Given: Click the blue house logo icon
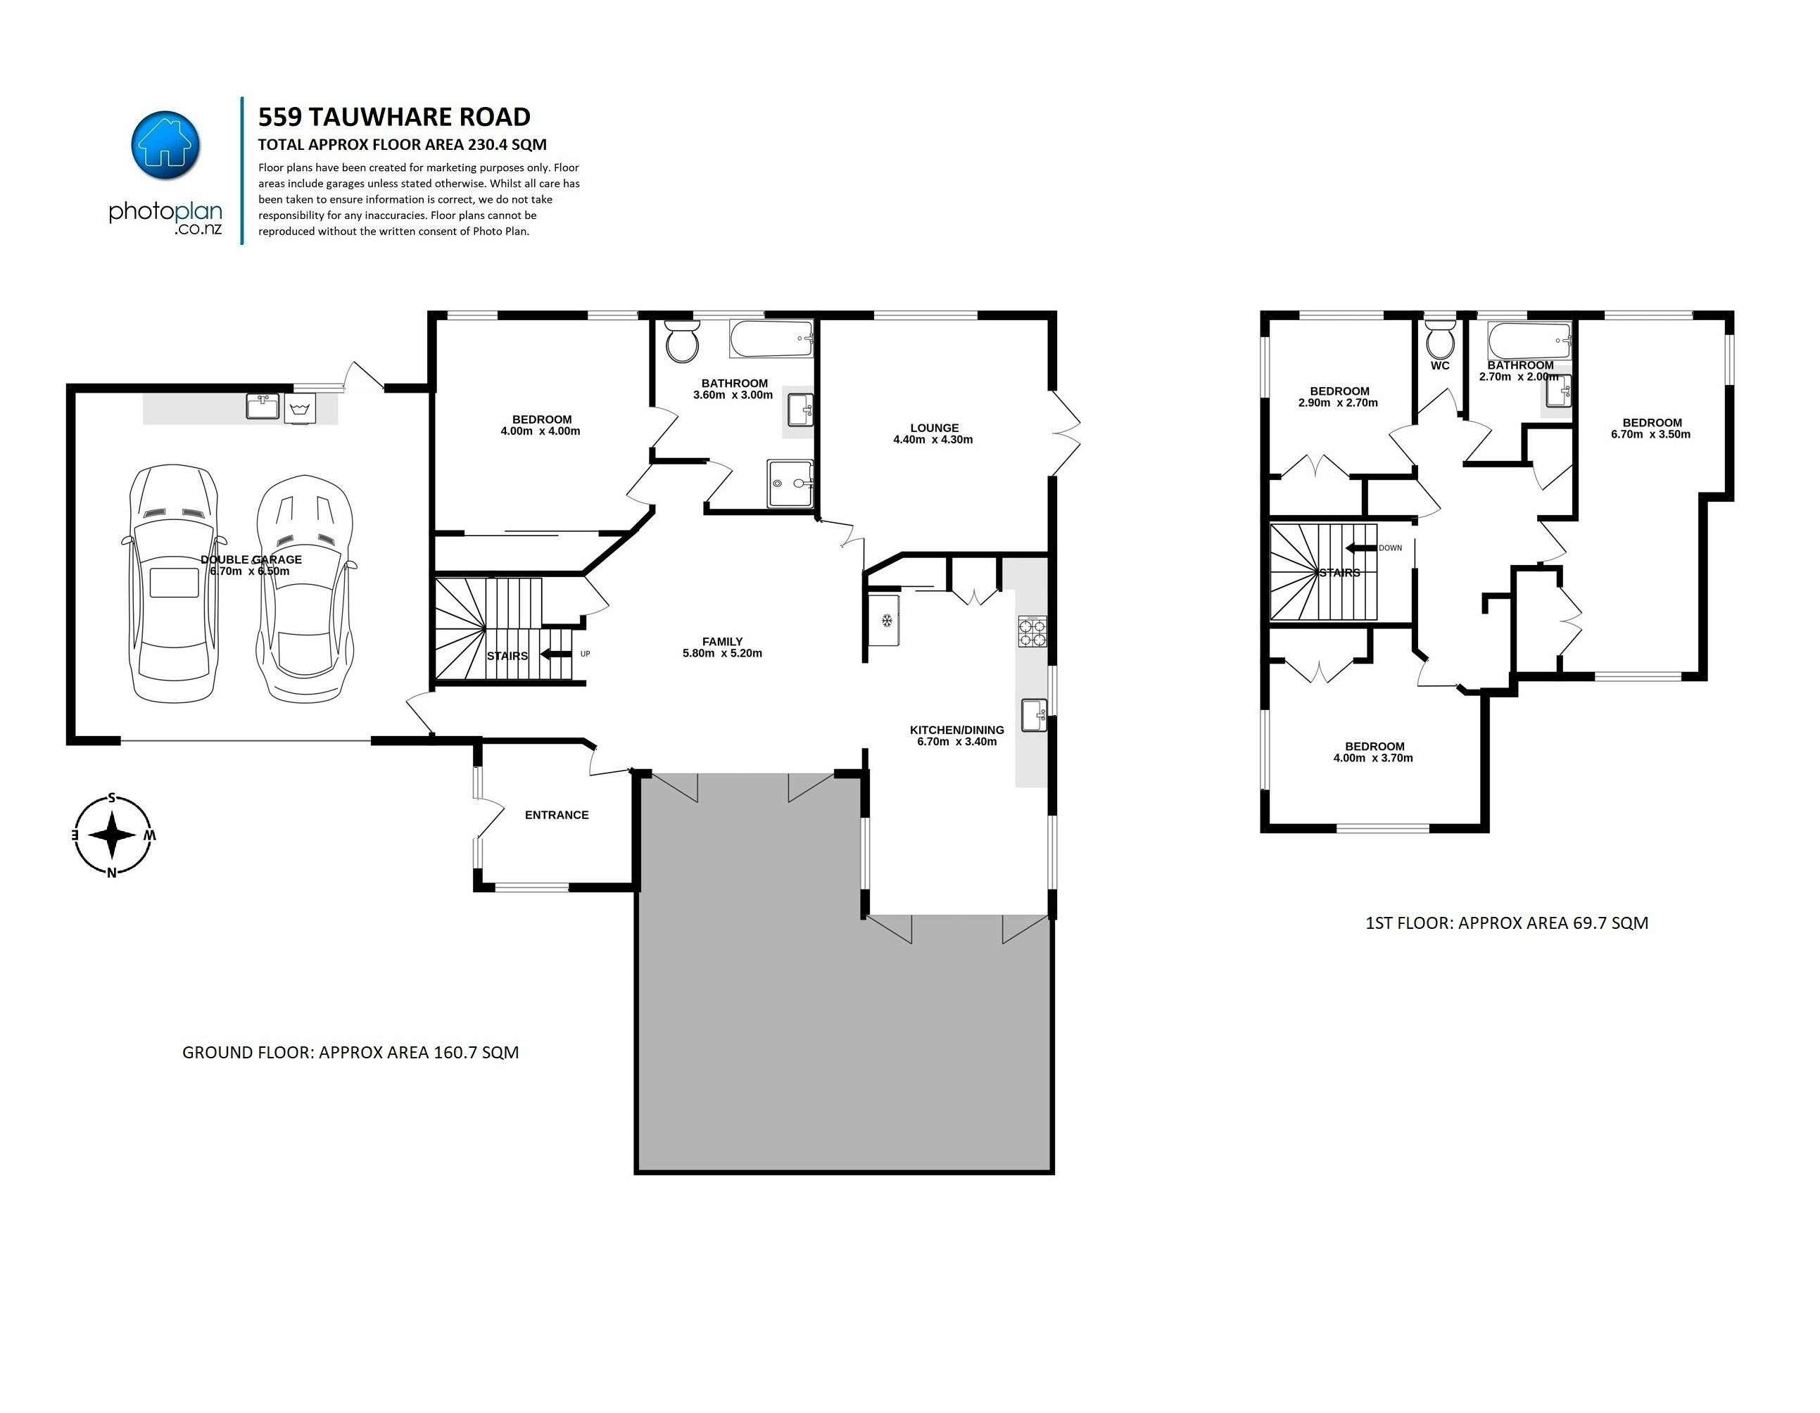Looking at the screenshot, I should pyautogui.click(x=166, y=144).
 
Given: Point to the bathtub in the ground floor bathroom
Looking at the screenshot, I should pyautogui.click(x=771, y=338).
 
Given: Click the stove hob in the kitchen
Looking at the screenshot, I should pyautogui.click(x=1032, y=631).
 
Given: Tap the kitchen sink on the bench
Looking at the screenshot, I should pyautogui.click(x=1033, y=715).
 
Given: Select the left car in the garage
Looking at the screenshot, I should pyautogui.click(x=173, y=583).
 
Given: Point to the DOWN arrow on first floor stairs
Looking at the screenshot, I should pyautogui.click(x=1360, y=547).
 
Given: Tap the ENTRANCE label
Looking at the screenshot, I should pyautogui.click(x=557, y=815).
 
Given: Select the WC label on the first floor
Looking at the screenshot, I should pyautogui.click(x=1439, y=366).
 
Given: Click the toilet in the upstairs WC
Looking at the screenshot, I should pyautogui.click(x=1439, y=339).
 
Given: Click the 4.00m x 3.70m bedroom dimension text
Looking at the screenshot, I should pyautogui.click(x=1372, y=758).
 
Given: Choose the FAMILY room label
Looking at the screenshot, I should pyautogui.click(x=721, y=642).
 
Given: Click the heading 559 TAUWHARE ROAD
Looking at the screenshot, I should pyautogui.click(x=394, y=117).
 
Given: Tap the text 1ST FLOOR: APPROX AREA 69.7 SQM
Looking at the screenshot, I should pyautogui.click(x=1507, y=923).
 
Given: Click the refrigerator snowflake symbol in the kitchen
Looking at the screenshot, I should pyautogui.click(x=887, y=620).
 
